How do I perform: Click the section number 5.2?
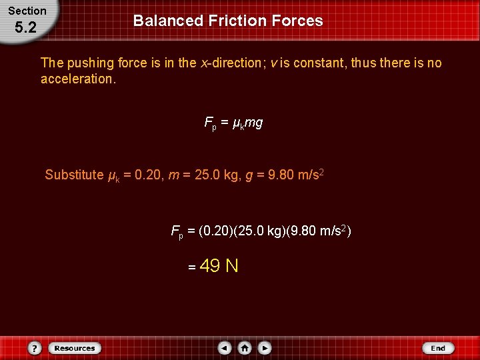click(25, 28)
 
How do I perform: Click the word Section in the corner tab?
click(27, 11)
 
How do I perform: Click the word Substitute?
click(74, 175)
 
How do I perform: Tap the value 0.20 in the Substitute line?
click(147, 175)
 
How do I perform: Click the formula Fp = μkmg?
click(233, 123)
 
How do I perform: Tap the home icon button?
click(245, 348)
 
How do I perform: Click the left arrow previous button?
click(225, 348)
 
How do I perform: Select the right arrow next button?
click(265, 348)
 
